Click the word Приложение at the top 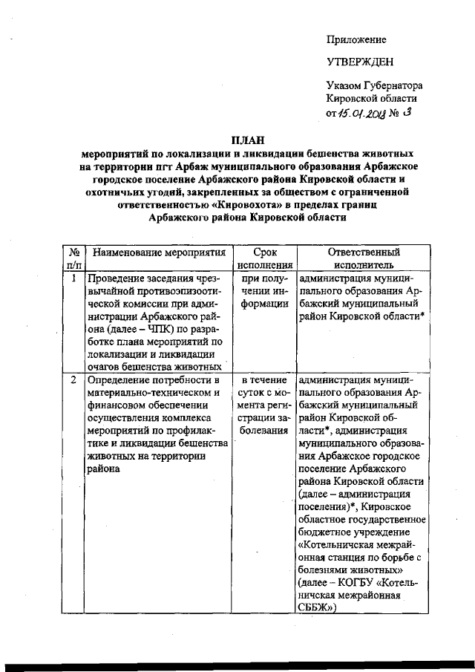[356, 39]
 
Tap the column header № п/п [74, 258]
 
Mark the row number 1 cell [74, 278]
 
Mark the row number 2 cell [74, 380]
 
